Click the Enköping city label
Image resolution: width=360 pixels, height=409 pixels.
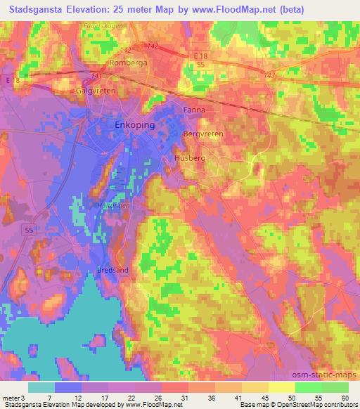click(134, 124)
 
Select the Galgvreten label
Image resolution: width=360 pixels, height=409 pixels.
click(95, 91)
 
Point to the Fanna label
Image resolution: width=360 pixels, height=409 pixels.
click(193, 110)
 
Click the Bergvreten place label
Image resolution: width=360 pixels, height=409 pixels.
click(202, 133)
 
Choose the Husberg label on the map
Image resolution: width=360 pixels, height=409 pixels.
click(190, 159)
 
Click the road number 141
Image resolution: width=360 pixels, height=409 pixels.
click(96, 76)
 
